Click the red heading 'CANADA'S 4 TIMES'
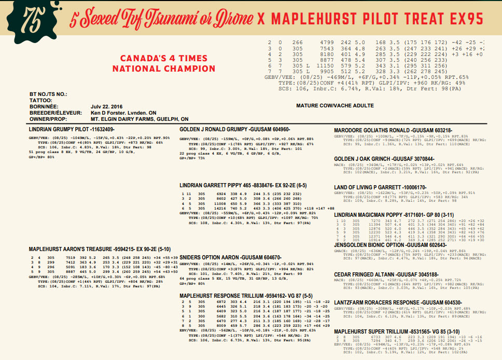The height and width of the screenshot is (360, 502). (x=164, y=58)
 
